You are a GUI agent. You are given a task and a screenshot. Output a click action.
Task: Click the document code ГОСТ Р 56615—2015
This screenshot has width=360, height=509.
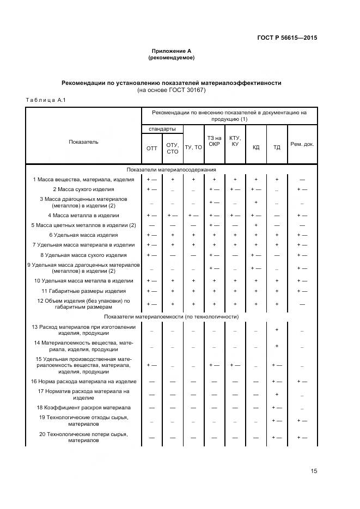coord(287,38)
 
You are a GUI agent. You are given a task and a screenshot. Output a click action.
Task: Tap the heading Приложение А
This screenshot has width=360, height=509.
coord(171,51)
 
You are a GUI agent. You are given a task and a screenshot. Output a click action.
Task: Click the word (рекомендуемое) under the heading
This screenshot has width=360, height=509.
coord(171,57)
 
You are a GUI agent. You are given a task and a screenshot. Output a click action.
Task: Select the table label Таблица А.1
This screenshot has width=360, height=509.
coord(46,100)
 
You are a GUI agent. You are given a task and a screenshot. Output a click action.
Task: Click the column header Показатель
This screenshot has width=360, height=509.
coord(83,142)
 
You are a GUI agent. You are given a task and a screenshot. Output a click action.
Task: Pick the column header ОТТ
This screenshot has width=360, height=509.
coord(151,148)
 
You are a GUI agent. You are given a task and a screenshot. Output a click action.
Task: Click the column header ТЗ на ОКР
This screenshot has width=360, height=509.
coord(214,140)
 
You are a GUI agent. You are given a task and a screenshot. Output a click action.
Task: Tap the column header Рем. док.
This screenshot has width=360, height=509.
coord(302,144)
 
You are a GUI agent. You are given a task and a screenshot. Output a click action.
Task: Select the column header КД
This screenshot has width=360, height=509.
coord(255,148)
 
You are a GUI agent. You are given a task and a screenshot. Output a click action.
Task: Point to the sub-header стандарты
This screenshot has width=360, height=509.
coord(162,129)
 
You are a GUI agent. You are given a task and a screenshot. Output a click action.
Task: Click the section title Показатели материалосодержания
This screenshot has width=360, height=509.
coord(171,169)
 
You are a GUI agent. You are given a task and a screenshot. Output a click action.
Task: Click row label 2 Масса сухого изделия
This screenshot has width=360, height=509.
coord(83,189)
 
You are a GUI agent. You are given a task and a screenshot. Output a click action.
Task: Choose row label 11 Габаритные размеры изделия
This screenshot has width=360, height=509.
coord(83,291)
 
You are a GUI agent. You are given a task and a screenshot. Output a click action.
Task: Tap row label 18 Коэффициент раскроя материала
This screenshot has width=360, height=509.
coord(83,407)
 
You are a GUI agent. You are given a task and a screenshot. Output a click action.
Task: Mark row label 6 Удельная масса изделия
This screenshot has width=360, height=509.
coord(83,235)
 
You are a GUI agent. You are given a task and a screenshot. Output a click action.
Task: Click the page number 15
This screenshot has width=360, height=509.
coord(313,471)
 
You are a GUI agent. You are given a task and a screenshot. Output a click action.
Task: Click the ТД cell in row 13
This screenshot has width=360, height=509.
coord(277,330)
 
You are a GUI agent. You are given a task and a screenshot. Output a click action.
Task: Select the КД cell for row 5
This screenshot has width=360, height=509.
coord(255,225)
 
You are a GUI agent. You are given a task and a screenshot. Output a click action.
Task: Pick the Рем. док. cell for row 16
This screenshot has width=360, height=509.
coord(302,382)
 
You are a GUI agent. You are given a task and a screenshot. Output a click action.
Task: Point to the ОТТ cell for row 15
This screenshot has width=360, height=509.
coord(151,365)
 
